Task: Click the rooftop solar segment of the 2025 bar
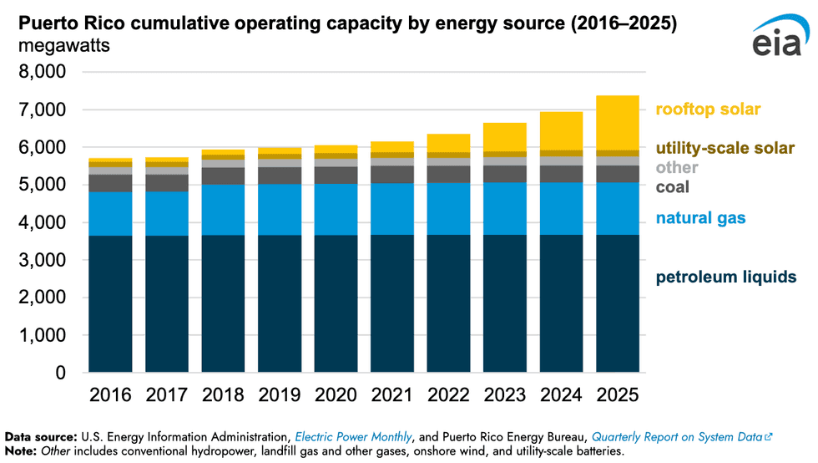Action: pos(617,123)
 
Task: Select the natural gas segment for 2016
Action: pos(110,214)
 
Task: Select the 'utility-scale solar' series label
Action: pos(724,149)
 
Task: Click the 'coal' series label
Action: pos(673,186)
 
